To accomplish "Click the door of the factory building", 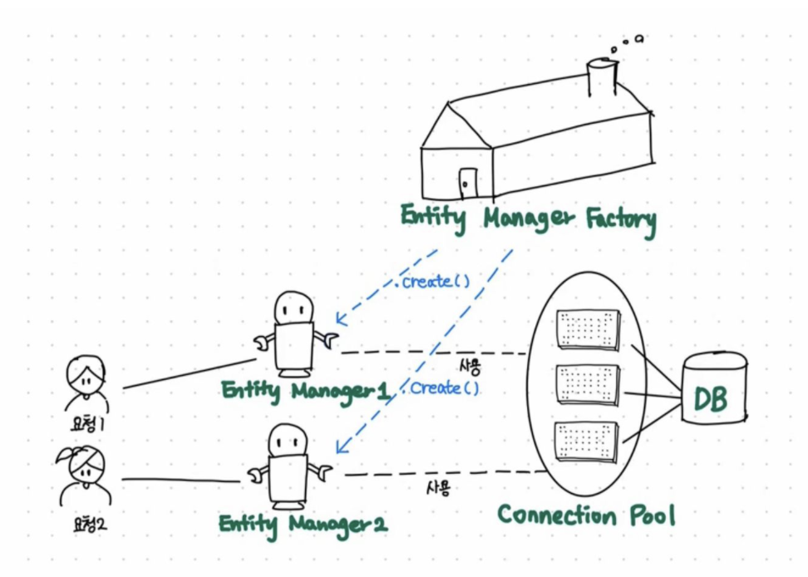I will click(x=468, y=180).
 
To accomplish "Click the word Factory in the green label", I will click(x=620, y=220).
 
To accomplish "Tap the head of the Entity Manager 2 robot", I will click(x=288, y=438).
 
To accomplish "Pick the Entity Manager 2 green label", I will click(x=303, y=525).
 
